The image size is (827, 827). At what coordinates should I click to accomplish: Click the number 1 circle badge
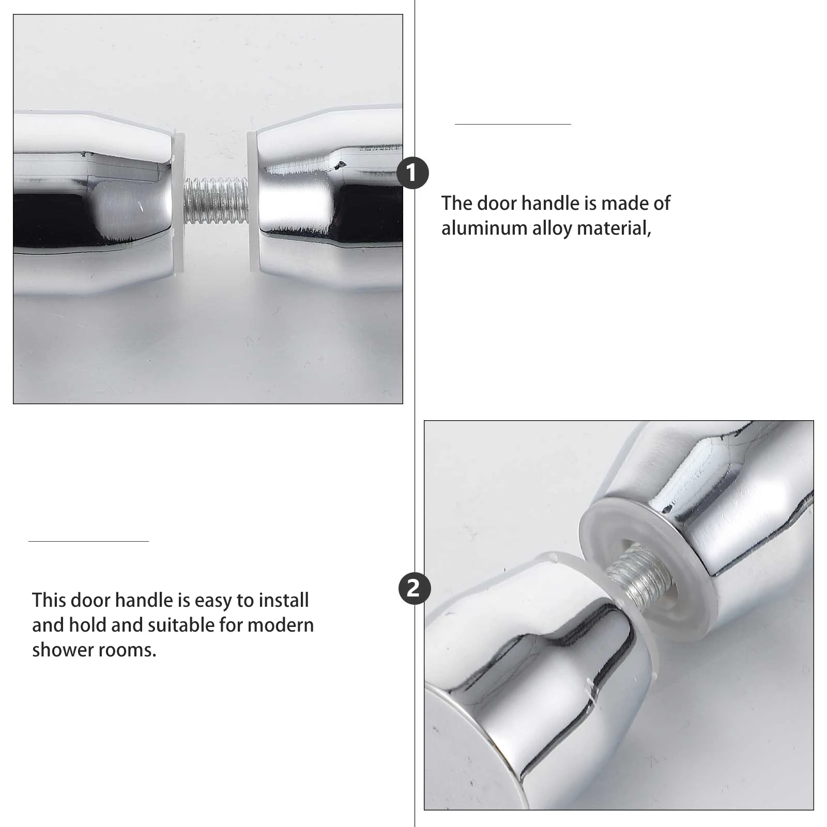pos(412,173)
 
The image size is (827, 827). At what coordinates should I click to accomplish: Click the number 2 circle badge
pos(415,588)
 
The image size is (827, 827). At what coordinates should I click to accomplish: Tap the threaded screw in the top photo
pos(216,201)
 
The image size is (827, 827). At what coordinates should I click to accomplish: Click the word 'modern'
pos(280,625)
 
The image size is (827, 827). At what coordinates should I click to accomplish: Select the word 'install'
pos(283,600)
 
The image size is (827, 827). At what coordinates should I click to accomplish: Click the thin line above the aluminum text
pos(513,124)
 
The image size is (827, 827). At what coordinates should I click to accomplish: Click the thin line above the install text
pos(88,541)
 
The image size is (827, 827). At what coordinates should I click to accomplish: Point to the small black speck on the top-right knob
pos(341,165)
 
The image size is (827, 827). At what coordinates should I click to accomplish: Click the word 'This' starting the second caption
pos(49,600)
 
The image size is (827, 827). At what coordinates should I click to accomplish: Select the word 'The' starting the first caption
pos(456,203)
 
